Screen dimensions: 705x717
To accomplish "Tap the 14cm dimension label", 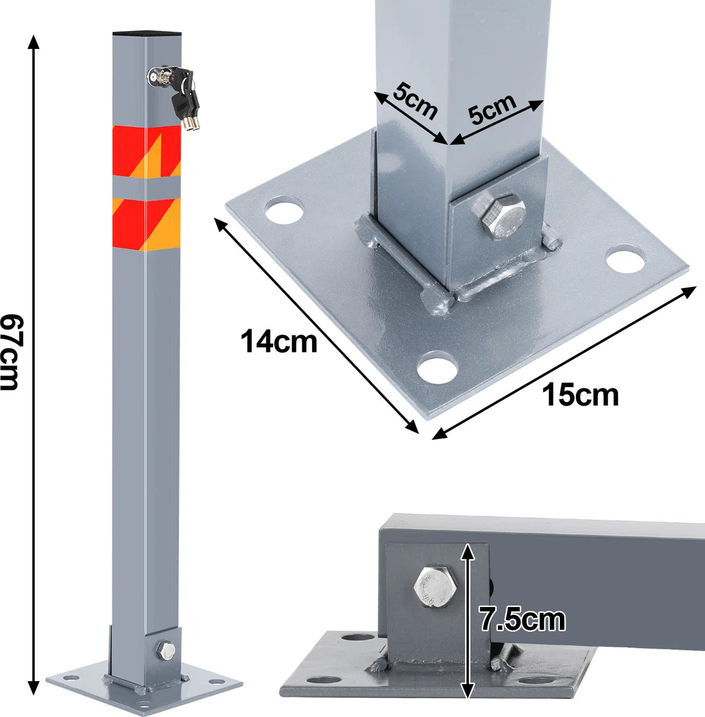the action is click(279, 341).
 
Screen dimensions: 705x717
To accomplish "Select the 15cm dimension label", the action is click(580, 395).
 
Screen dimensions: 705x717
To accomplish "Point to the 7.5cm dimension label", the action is click(522, 619).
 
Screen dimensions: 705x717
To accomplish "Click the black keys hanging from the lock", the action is click(186, 97).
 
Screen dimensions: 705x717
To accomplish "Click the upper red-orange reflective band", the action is click(146, 152).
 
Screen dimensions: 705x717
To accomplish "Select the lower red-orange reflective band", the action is click(146, 225).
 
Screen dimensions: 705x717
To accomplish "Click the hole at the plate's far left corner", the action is click(284, 210).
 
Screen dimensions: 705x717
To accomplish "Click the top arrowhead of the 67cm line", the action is click(34, 42).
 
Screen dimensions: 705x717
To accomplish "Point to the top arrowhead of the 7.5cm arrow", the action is click(468, 552).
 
